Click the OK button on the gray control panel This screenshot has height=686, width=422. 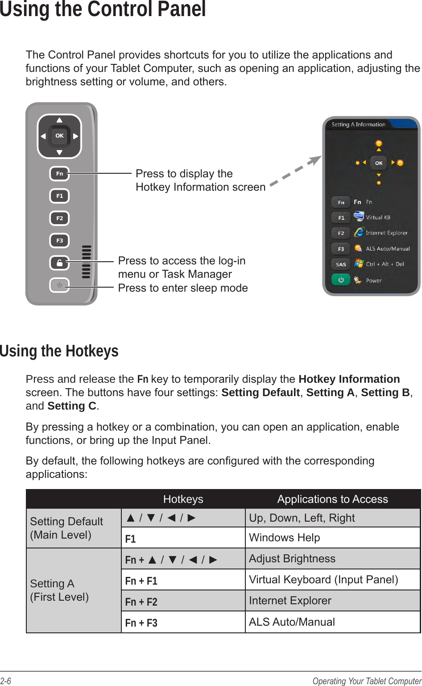[x=59, y=136]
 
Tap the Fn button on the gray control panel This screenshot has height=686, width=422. [x=59, y=174]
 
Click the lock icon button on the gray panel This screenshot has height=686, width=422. [x=59, y=263]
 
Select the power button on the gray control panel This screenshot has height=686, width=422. [x=59, y=285]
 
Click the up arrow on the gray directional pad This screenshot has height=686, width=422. [x=59, y=120]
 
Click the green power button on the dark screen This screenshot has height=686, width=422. [x=341, y=280]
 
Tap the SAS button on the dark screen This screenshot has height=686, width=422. [x=341, y=264]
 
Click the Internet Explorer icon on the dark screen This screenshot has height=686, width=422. [x=359, y=232]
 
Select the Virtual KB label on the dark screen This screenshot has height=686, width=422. [x=378, y=218]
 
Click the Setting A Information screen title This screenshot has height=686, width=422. [x=358, y=125]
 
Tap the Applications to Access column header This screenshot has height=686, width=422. [x=332, y=499]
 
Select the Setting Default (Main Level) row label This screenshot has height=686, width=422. [x=66, y=528]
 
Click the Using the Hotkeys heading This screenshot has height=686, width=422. [x=59, y=351]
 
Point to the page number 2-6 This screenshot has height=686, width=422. [x=6, y=681]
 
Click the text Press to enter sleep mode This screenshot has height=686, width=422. [x=183, y=288]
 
